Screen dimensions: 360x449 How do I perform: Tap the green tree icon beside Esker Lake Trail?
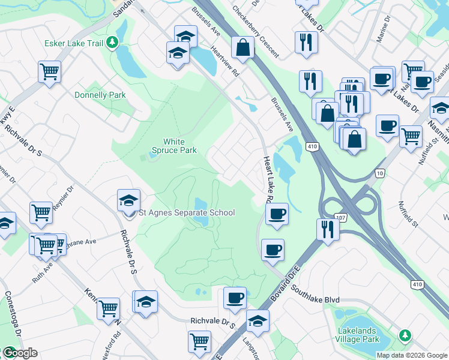[x=112, y=43]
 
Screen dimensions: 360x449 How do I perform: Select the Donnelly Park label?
[x=100, y=95]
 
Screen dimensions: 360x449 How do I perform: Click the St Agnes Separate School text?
[x=187, y=212]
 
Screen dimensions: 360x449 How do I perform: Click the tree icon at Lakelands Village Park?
[x=406, y=334]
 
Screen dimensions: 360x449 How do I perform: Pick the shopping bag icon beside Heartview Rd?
[x=243, y=47]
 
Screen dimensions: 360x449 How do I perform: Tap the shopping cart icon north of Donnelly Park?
[x=49, y=71]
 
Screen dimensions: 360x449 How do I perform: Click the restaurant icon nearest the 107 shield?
[x=327, y=230]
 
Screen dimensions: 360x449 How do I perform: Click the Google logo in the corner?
[x=19, y=352]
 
